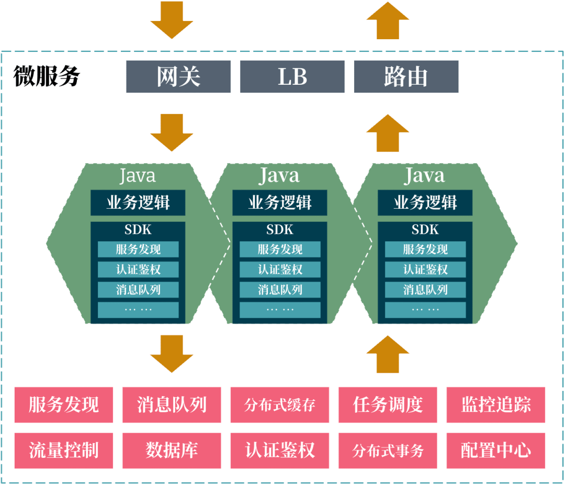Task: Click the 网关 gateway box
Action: click(178, 77)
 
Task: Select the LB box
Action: click(292, 77)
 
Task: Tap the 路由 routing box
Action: click(406, 77)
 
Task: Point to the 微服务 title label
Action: click(47, 76)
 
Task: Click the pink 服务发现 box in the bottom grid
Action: click(64, 404)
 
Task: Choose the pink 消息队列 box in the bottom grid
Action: click(172, 404)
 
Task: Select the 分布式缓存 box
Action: click(280, 404)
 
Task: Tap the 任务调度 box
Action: click(388, 404)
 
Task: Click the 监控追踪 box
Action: click(496, 404)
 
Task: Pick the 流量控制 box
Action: click(64, 450)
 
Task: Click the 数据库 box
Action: click(172, 450)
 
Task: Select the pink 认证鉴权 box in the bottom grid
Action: click(280, 450)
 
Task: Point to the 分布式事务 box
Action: click(388, 450)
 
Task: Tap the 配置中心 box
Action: click(496, 450)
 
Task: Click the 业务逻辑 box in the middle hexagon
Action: click(280, 202)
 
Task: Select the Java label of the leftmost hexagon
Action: click(138, 175)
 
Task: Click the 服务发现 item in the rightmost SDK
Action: click(425, 250)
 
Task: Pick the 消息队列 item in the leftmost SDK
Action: click(138, 289)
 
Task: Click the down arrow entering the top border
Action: click(172, 20)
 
